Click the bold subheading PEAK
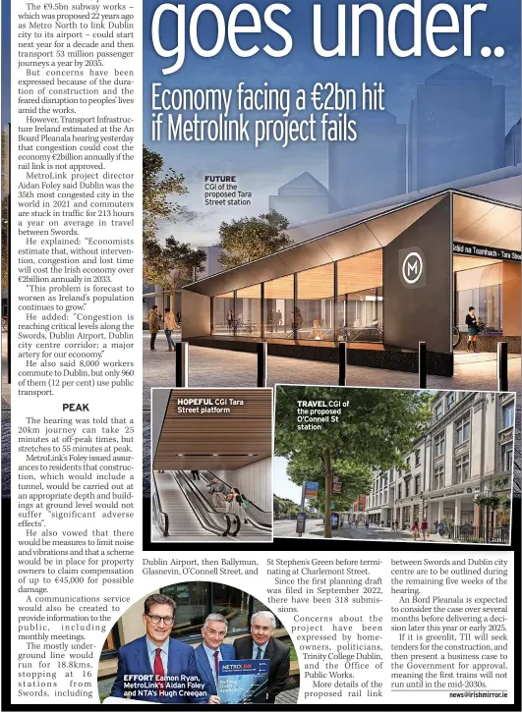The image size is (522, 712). (x=76, y=407)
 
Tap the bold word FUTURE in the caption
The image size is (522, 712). (x=220, y=179)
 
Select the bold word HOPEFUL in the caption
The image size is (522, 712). (x=195, y=402)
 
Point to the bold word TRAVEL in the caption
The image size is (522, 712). (x=312, y=404)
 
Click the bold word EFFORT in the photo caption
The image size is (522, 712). (x=139, y=678)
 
